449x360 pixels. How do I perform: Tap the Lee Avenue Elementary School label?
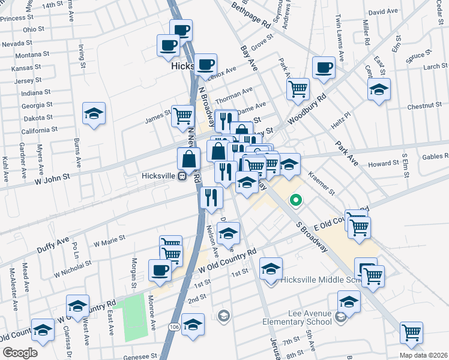click(297, 317)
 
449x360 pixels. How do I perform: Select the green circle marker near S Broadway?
click(295, 200)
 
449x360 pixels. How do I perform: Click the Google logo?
click(19, 352)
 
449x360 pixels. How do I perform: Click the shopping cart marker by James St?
click(182, 116)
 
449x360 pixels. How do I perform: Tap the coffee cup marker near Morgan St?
click(159, 270)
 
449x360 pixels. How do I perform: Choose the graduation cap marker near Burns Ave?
click(94, 113)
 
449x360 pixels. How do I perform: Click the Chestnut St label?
click(424, 106)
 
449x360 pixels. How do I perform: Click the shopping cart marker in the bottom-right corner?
click(411, 332)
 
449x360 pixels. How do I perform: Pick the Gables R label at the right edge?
click(436, 156)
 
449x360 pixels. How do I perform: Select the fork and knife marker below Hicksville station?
click(211, 197)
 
